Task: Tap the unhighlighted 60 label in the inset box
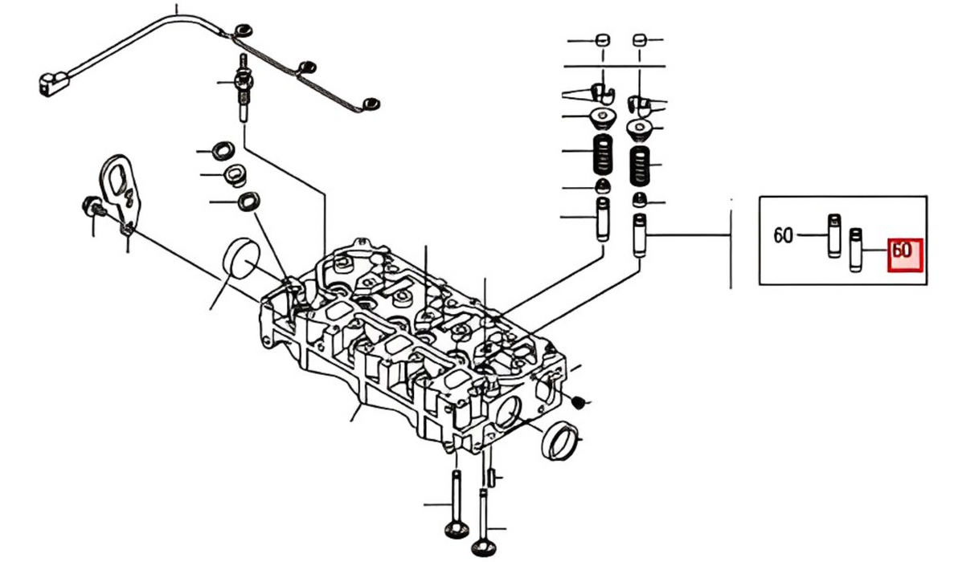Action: (783, 235)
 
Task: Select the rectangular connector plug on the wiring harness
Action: (54, 83)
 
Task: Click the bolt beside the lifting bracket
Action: (94, 208)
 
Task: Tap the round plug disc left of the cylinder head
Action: (241, 259)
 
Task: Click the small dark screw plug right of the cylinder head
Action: (579, 401)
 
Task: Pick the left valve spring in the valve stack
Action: (603, 154)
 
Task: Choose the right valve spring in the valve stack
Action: (639, 166)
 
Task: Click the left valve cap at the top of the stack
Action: (603, 41)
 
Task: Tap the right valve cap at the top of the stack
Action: (639, 41)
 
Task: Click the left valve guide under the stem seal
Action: (603, 219)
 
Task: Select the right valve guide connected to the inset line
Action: (640, 234)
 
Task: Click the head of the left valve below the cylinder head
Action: (457, 530)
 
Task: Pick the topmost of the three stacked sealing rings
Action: (223, 150)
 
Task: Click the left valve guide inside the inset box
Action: (834, 236)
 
